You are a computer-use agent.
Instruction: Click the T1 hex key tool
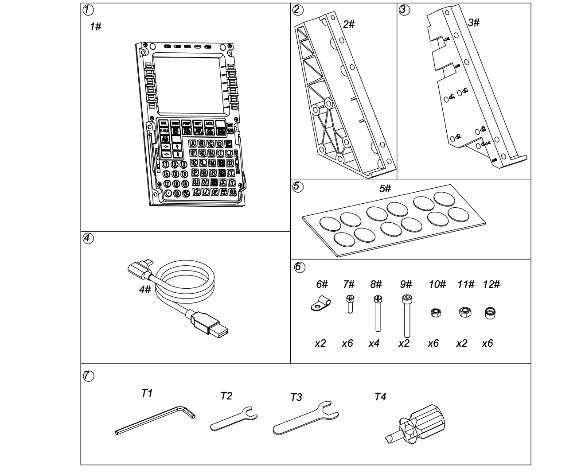click(155, 421)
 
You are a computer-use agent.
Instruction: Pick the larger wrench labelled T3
click(306, 419)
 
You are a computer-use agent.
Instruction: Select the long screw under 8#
click(378, 313)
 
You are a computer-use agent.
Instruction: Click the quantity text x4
click(374, 343)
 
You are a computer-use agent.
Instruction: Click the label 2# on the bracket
click(349, 24)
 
